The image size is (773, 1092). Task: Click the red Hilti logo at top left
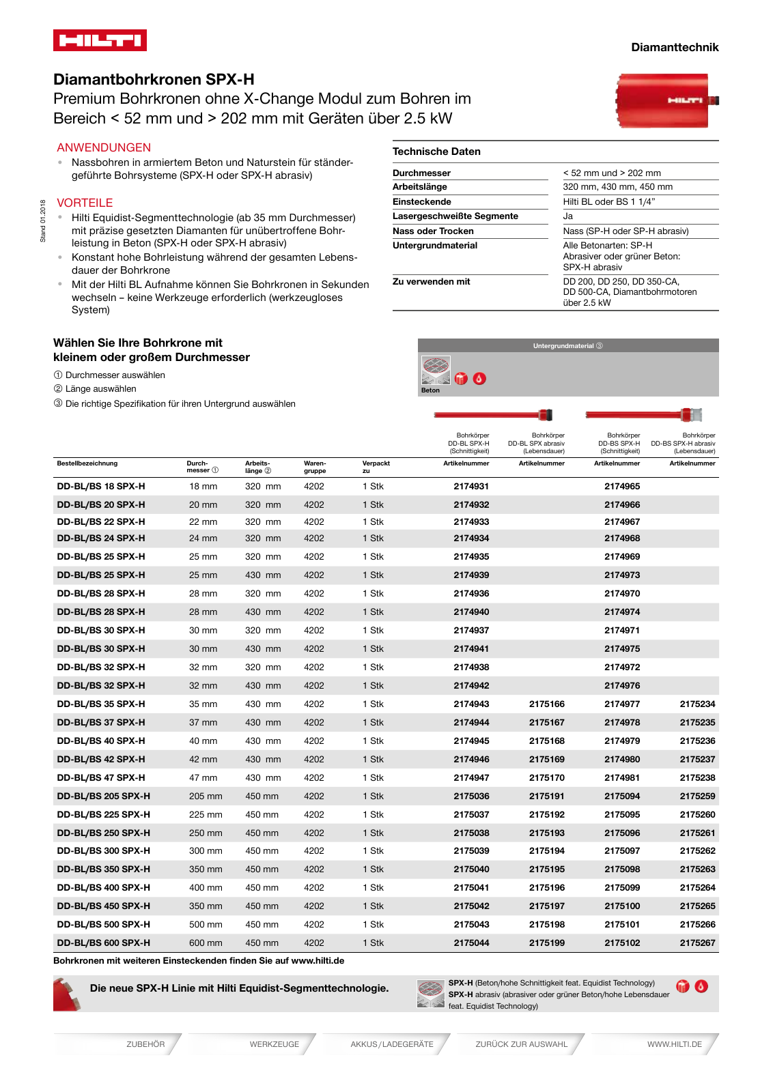point(100,40)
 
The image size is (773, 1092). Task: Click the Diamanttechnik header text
point(674,47)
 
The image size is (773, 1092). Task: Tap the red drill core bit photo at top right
point(666,101)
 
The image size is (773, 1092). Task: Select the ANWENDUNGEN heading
point(104,147)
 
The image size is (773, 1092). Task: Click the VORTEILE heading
point(85,203)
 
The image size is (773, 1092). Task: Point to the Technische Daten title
point(436,152)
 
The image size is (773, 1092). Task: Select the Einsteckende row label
point(421,201)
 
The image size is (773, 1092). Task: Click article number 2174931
point(471,486)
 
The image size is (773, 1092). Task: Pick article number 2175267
point(697,943)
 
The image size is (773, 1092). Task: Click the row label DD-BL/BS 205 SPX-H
point(104,796)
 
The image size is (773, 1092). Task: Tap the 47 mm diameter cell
point(203,777)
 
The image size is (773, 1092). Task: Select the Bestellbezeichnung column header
point(87,463)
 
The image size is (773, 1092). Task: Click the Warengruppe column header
point(315,467)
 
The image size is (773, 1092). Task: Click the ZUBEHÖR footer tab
point(145,1044)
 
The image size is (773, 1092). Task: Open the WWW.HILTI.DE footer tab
point(674,1044)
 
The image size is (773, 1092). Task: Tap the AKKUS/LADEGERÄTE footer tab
point(392,1044)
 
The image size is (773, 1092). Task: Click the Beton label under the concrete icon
point(430,390)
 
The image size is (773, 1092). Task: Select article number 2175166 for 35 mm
point(546,704)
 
